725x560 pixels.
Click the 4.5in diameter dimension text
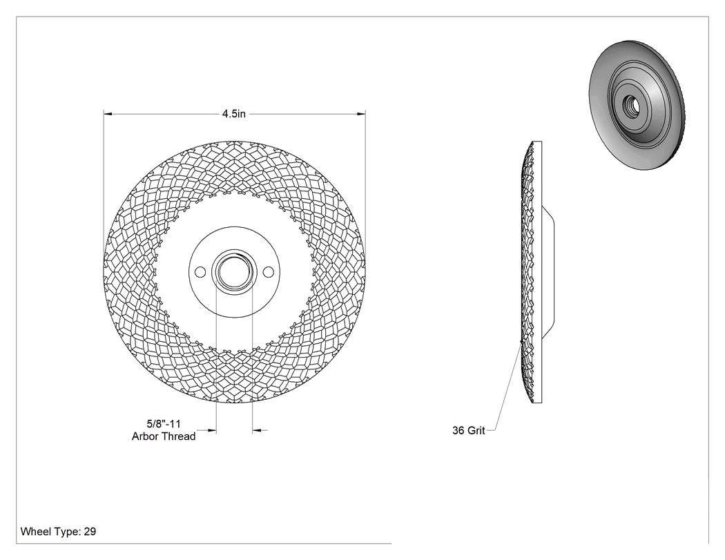click(x=234, y=114)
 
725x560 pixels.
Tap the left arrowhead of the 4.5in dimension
click(x=108, y=113)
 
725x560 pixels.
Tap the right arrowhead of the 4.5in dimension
click(x=361, y=113)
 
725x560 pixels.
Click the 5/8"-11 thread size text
click(x=164, y=423)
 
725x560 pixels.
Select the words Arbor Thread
click(x=164, y=436)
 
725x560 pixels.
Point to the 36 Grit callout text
click(x=468, y=430)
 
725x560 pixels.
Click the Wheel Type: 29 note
click(x=58, y=532)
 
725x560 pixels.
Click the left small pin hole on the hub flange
click(x=200, y=272)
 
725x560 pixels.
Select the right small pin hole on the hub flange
click(x=268, y=272)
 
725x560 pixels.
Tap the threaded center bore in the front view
click(x=234, y=272)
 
